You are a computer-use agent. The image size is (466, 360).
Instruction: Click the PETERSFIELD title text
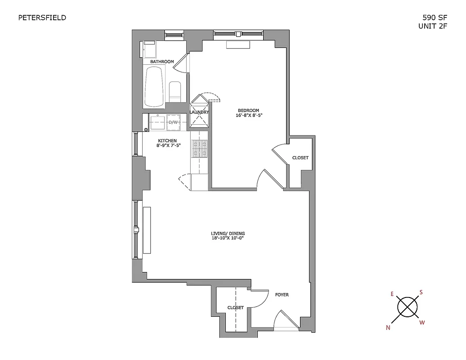[42, 18]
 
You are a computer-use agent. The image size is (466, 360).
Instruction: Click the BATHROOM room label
[162, 62]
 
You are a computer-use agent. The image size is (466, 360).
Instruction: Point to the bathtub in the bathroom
[154, 85]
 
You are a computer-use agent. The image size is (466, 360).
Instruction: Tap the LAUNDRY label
[199, 112]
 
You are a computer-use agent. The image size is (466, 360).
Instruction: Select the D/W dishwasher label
[174, 122]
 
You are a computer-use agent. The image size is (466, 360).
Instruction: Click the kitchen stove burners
[199, 148]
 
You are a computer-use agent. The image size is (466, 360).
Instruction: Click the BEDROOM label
[248, 111]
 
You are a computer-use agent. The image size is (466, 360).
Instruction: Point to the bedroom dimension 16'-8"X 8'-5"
[248, 116]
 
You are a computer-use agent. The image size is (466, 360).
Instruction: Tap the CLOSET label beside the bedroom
[300, 158]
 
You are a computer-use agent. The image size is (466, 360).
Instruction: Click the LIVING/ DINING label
[228, 233]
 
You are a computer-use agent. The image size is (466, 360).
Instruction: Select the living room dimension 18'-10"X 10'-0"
[228, 238]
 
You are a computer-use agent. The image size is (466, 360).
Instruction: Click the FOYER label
[282, 295]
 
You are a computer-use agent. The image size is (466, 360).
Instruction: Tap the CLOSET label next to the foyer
[235, 308]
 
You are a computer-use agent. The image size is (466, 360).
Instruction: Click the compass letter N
[388, 328]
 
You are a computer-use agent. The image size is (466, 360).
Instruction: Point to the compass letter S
[421, 292]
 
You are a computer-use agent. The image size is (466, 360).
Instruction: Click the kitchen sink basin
[157, 122]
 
